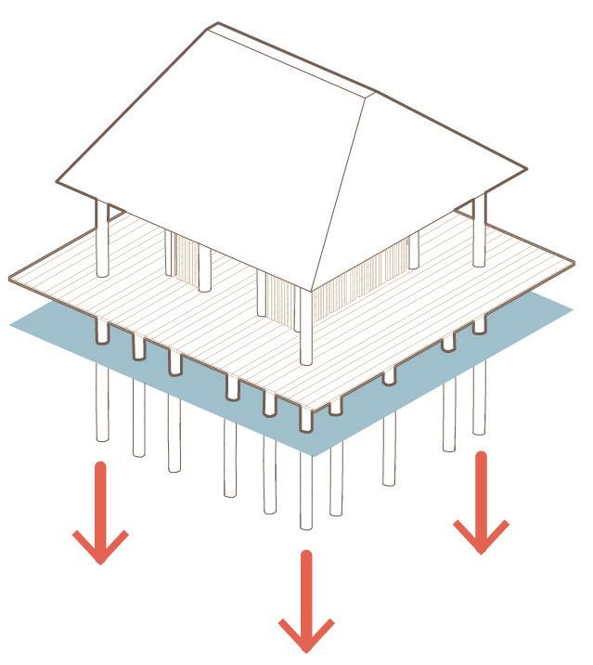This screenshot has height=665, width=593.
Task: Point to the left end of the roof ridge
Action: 216,25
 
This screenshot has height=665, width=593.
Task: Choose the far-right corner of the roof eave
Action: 525,169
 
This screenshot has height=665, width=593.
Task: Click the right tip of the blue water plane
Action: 573,309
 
